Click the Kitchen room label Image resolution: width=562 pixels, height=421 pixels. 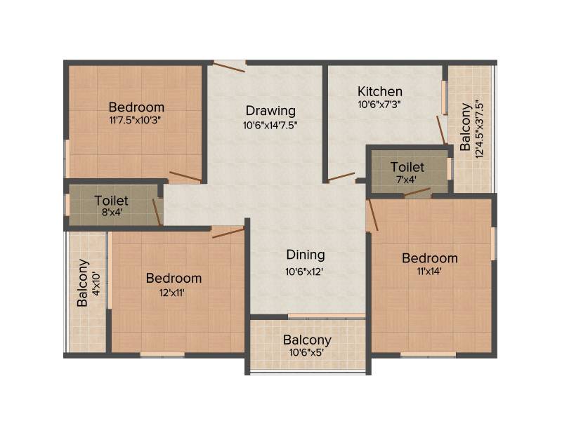point(380,91)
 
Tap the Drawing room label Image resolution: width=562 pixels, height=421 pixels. point(270,111)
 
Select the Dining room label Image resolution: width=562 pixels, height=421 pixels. point(306,255)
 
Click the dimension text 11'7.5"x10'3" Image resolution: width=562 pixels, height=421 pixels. point(135,120)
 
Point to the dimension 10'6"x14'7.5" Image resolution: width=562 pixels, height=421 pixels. point(270,126)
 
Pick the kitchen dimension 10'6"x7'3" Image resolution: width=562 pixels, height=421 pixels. point(379,105)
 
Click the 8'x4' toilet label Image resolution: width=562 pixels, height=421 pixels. point(112,213)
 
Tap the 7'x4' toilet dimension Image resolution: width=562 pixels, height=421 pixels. point(407,180)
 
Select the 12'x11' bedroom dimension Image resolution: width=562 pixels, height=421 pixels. point(172,293)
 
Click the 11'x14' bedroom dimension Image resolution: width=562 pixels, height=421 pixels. point(429,272)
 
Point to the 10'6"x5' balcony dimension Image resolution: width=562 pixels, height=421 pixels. point(306,353)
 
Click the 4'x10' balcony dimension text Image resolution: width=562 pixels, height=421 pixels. point(96,283)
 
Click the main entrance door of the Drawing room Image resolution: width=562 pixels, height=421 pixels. point(230,67)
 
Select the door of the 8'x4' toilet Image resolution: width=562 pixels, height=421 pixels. point(156,212)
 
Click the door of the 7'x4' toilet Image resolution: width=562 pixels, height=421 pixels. point(417,192)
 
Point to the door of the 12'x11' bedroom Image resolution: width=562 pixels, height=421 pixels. point(228,233)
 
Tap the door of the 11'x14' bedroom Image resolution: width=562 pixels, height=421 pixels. point(373,215)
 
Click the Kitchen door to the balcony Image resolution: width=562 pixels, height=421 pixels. point(441,130)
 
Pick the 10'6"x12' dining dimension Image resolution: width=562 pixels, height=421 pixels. point(304,272)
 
